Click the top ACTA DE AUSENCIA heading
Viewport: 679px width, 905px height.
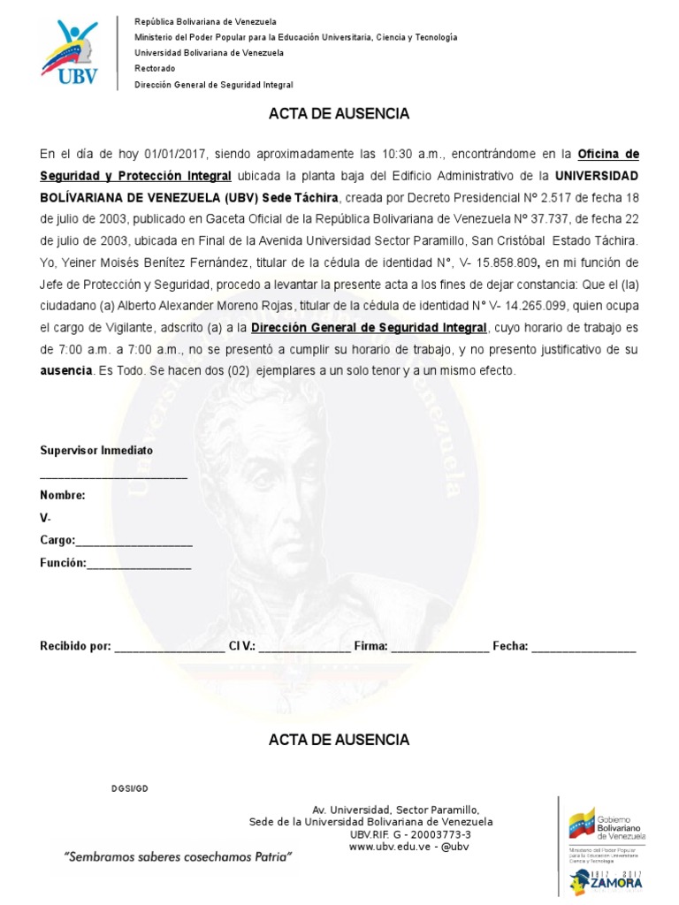coord(339,114)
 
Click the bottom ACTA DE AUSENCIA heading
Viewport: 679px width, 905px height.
coord(339,740)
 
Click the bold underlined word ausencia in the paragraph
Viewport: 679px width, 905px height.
coord(66,371)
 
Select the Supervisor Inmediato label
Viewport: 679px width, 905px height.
coord(96,450)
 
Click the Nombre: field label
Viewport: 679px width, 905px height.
coord(62,495)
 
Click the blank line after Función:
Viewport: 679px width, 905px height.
coord(139,564)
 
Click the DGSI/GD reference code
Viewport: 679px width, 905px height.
coord(130,787)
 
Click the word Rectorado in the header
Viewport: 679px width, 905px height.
coord(155,68)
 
